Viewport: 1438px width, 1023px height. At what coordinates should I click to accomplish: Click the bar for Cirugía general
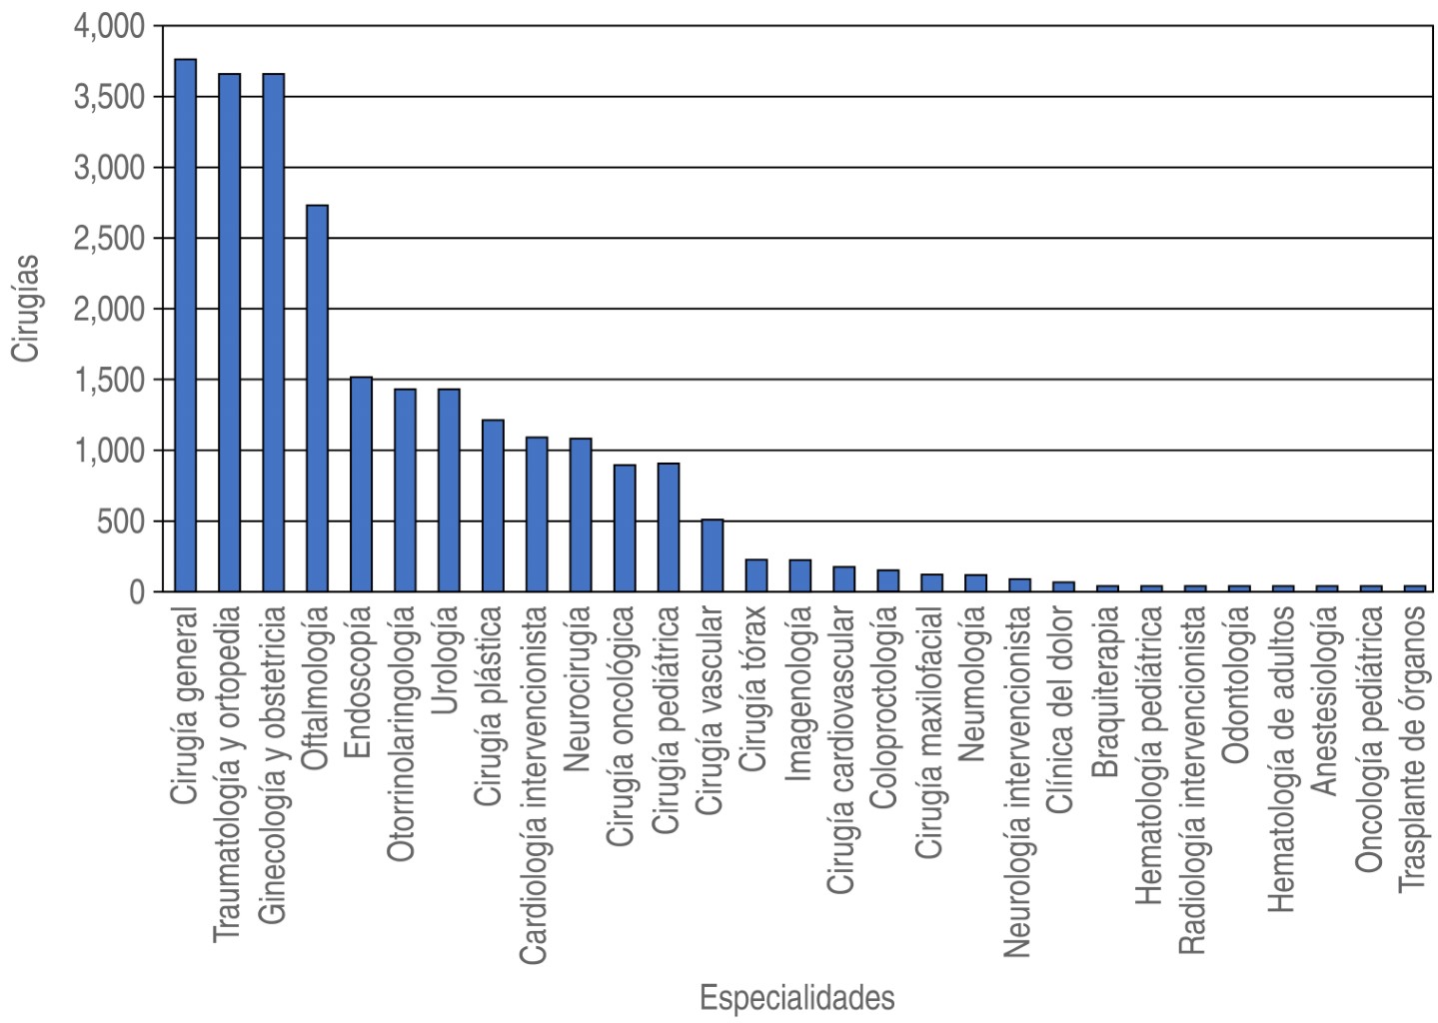pyautogui.click(x=185, y=326)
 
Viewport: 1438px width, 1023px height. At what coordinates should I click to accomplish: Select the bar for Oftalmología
pyautogui.click(x=317, y=399)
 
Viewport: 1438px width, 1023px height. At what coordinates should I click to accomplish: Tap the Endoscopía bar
pyautogui.click(x=361, y=485)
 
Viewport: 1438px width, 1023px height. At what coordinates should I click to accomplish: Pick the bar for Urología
pyautogui.click(x=449, y=491)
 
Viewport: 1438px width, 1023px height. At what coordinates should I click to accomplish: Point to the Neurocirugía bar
pyautogui.click(x=580, y=515)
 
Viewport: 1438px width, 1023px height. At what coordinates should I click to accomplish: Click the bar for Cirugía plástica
pyautogui.click(x=493, y=506)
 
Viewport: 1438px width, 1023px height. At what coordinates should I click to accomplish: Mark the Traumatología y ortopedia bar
pyautogui.click(x=229, y=333)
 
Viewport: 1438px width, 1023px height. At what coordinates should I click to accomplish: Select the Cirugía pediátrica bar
pyautogui.click(x=668, y=527)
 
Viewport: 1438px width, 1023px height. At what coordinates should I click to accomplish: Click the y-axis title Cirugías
pyautogui.click(x=26, y=308)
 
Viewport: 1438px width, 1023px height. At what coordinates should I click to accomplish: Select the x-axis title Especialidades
pyautogui.click(x=796, y=998)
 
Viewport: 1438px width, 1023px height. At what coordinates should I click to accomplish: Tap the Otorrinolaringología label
pyautogui.click(x=404, y=734)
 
